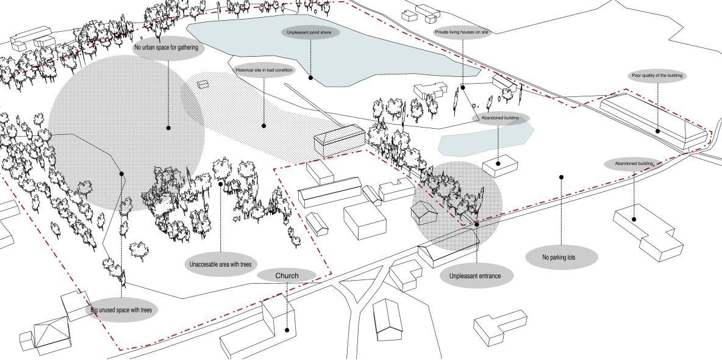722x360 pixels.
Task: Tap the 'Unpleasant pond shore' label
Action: point(309,32)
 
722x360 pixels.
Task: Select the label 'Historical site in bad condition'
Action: point(264,70)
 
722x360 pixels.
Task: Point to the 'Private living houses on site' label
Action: point(462,32)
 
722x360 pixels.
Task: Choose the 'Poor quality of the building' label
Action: point(657,76)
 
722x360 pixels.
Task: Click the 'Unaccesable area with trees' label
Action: point(220,264)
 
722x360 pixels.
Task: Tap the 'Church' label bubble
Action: point(287,276)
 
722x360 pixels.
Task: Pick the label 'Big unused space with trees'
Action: point(121,310)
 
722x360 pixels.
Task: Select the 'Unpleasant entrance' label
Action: point(475,276)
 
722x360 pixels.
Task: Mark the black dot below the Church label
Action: point(287,330)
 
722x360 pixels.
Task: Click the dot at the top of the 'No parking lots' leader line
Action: point(561,178)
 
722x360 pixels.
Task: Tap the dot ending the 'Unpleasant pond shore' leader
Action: point(310,77)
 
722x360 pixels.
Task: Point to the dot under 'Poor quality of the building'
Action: point(657,131)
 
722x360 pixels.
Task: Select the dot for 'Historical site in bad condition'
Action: point(264,126)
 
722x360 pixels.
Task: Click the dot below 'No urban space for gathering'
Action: point(168,128)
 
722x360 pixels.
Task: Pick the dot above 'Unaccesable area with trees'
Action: point(221,184)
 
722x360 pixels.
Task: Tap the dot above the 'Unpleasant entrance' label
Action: point(477,225)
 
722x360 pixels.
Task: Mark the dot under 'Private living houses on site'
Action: point(463,87)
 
